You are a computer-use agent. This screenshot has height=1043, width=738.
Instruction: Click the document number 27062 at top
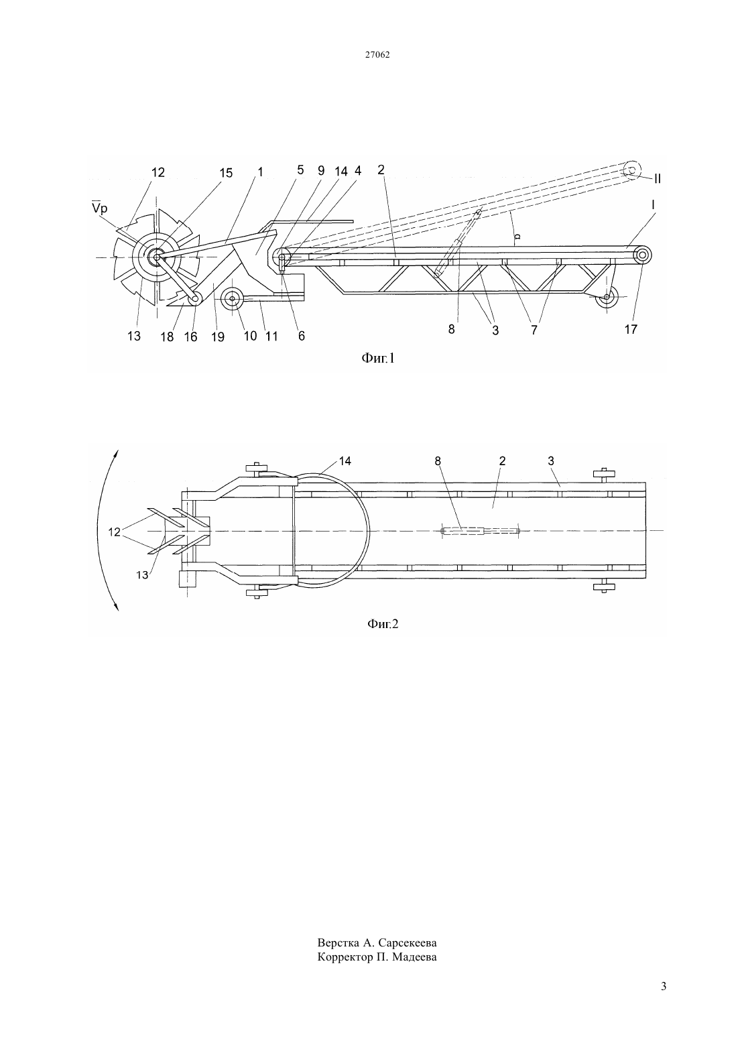[x=377, y=54]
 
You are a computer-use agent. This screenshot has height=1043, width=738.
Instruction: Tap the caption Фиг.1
[x=377, y=357]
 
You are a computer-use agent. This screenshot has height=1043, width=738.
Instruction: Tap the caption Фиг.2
[x=383, y=623]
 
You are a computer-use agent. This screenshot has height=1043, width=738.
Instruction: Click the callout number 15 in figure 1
[x=226, y=173]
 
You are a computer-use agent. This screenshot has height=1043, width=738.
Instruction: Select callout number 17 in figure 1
[x=631, y=329]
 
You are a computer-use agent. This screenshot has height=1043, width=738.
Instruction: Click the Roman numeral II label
[x=658, y=178]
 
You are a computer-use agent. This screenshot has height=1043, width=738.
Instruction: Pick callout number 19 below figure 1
[x=217, y=336]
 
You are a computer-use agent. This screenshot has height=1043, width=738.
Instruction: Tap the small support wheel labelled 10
[x=232, y=298]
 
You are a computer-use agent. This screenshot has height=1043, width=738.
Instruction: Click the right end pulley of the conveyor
[x=641, y=255]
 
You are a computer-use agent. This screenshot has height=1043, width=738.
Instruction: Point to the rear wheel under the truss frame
[x=606, y=296]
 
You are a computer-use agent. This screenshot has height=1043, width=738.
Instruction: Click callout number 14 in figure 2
[x=345, y=461]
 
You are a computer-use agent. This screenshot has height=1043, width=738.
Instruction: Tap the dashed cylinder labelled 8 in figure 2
[x=480, y=530]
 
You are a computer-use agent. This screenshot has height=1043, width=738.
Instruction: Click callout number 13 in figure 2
[x=142, y=575]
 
